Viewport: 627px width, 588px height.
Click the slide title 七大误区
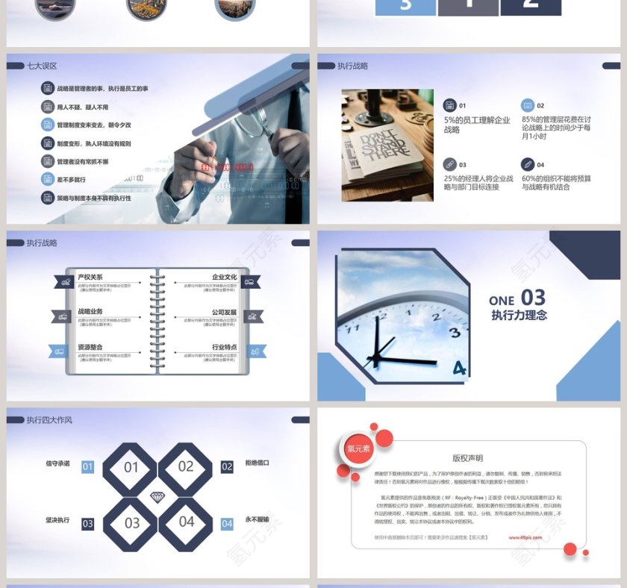tap(42, 66)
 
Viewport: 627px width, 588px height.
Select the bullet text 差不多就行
tap(72, 180)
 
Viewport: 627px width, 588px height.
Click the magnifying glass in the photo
tap(263, 119)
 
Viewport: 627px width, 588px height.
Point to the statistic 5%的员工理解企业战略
tap(477, 125)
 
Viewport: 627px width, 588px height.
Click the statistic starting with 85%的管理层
tap(556, 128)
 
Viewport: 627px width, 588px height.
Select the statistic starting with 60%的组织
tap(556, 183)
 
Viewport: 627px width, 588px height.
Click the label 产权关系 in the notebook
tap(90, 278)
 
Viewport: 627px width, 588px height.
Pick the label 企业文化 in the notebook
tap(224, 278)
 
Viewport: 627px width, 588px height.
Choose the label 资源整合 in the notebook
tap(90, 347)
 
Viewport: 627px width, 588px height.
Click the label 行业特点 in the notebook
tap(224, 347)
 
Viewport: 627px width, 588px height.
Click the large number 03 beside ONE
tap(533, 298)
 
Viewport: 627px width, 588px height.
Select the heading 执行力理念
tap(519, 316)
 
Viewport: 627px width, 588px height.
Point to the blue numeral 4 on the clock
tap(459, 367)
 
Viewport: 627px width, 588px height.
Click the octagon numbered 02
tap(186, 467)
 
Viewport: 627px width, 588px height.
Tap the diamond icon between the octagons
tap(157, 496)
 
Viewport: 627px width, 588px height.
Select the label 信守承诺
tap(57, 463)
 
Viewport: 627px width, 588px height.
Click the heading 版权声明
tap(467, 458)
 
